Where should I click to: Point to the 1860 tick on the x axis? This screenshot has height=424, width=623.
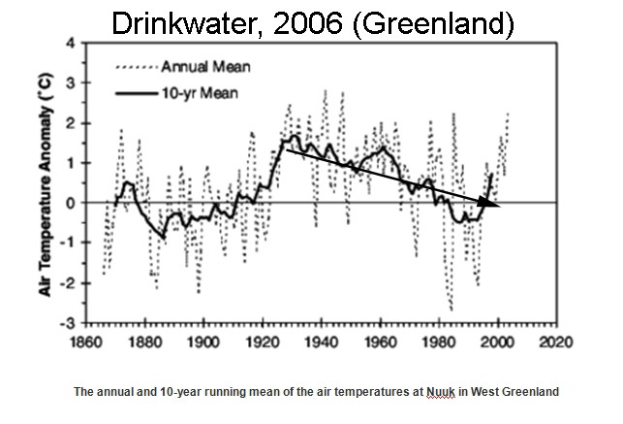[x=85, y=342]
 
